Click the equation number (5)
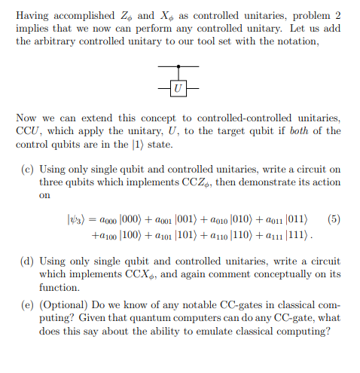334,220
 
